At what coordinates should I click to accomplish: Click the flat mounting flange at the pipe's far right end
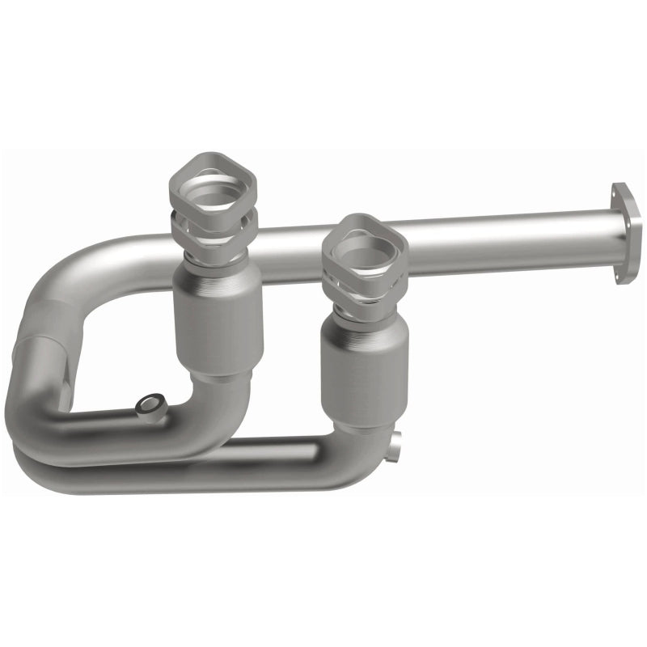pos(626,233)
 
